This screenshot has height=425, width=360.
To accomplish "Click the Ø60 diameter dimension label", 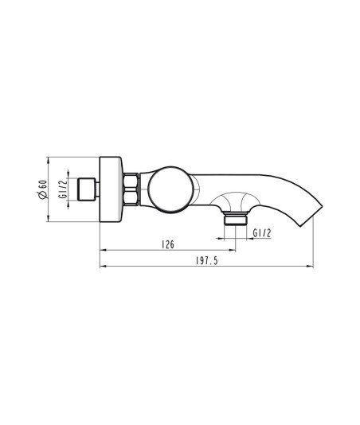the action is click(x=43, y=189).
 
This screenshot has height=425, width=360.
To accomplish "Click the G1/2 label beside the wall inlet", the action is click(x=63, y=189).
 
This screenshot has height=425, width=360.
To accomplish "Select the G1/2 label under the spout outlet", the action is click(x=262, y=233).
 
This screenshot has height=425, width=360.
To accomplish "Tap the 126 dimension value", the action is click(x=168, y=244).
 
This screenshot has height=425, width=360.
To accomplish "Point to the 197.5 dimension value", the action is click(x=207, y=261).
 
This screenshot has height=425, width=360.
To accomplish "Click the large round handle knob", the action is click(x=171, y=189).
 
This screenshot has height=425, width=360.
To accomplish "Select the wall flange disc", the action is click(x=111, y=189).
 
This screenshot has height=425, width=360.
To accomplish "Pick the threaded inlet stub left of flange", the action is click(x=88, y=189).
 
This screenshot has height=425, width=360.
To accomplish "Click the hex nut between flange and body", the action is click(x=131, y=189).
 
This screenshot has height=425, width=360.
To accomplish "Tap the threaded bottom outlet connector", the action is click(x=236, y=218).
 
